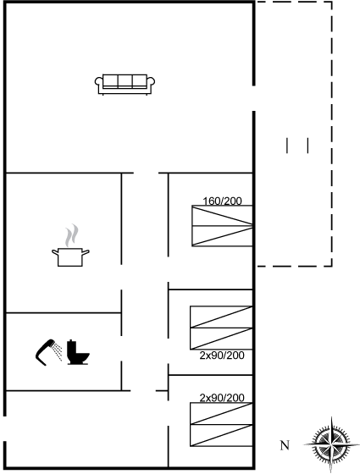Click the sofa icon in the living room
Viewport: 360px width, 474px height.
125,85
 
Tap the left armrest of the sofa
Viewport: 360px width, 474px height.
98,84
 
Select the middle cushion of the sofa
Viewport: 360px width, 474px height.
125,81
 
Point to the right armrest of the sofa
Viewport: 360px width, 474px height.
151,84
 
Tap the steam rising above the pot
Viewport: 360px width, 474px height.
72,235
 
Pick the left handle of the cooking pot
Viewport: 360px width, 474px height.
55,252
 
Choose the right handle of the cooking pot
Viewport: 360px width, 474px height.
86,252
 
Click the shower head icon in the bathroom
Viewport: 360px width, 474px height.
48,352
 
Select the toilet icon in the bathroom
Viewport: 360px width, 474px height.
78,352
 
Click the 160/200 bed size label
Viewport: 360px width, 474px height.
222,201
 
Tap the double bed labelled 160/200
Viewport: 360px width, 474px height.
222,226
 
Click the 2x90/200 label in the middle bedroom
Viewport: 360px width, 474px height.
222,355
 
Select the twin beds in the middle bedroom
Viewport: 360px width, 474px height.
221,328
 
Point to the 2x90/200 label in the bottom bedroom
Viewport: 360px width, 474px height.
222,398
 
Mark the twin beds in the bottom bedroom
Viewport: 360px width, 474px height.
221,424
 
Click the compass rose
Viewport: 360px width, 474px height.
331,444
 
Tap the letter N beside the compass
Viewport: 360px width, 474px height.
285,445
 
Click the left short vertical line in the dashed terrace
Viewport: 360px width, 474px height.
287,146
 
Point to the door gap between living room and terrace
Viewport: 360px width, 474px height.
254,98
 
